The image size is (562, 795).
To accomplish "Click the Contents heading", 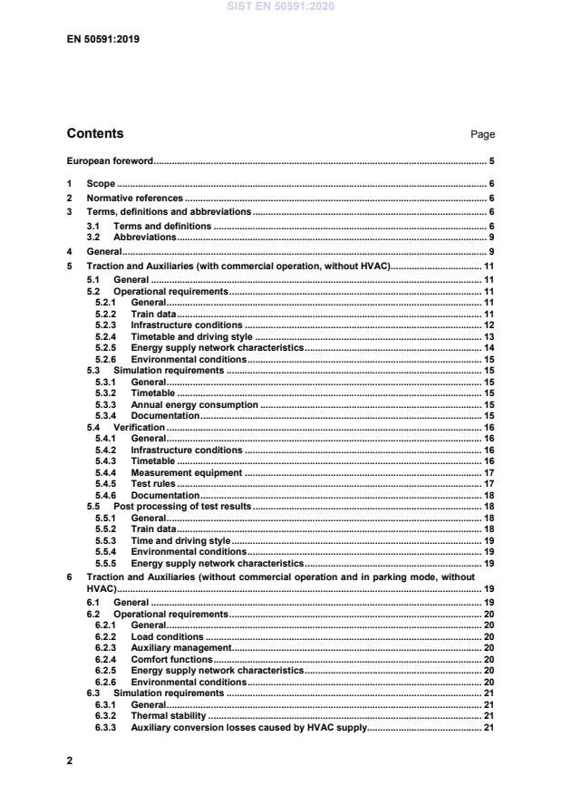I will coord(95,134).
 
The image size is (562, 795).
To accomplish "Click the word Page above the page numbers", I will coord(482,135).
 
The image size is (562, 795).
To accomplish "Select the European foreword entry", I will coord(110,162).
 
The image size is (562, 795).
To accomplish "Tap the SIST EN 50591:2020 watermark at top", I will coord(281,6).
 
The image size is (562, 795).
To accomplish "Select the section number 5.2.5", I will coord(107,347).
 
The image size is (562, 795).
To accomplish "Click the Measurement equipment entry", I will coord(187,472).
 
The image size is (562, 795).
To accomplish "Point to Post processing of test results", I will coord(169,507).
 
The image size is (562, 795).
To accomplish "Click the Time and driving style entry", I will coord(180,540).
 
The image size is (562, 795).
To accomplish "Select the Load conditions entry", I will coord(168,637).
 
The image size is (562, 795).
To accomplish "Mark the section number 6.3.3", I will coord(107,727).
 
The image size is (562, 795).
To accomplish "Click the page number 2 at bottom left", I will coord(70,761).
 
